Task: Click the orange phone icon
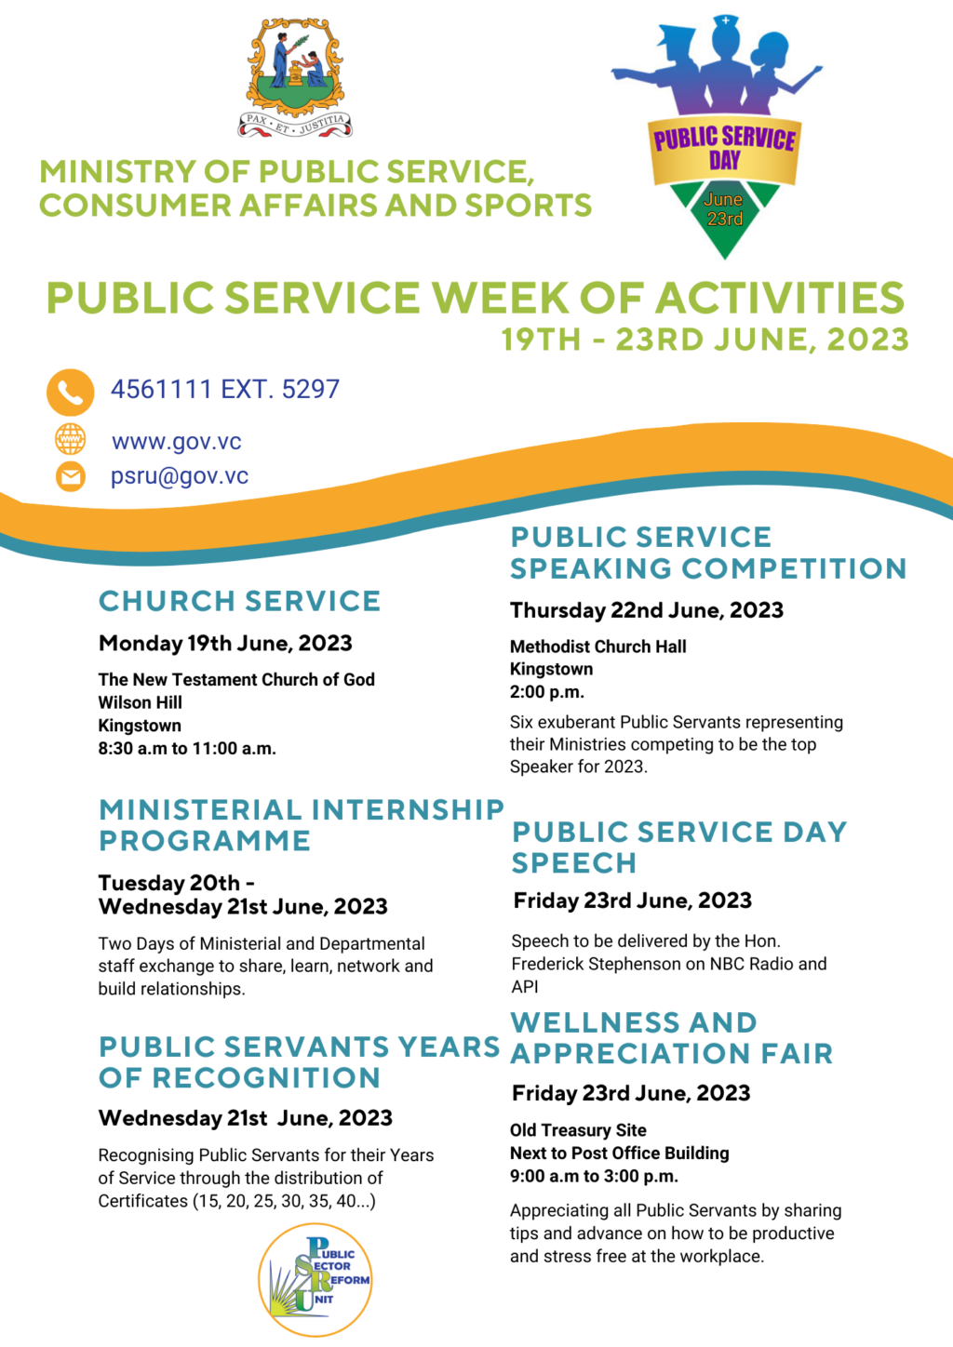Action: pyautogui.click(x=71, y=392)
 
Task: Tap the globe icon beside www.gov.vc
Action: pyautogui.click(x=71, y=440)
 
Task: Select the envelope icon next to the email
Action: pyautogui.click(x=71, y=477)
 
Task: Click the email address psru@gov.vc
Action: pyautogui.click(x=180, y=476)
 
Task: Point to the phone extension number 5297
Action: pyautogui.click(x=311, y=389)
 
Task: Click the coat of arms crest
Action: pyautogui.click(x=295, y=77)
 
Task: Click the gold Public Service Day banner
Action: pyautogui.click(x=724, y=150)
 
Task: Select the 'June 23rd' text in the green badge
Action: pyautogui.click(x=724, y=209)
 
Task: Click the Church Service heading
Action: pyautogui.click(x=239, y=601)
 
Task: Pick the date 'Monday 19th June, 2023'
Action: pyautogui.click(x=225, y=644)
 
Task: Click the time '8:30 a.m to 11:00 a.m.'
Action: pyautogui.click(x=187, y=749)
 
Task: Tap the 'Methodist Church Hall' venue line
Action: pyautogui.click(x=598, y=647)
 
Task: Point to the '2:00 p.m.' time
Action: pyautogui.click(x=547, y=692)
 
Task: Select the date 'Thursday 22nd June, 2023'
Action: pyautogui.click(x=647, y=610)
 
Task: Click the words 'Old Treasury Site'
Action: pyautogui.click(x=578, y=1130)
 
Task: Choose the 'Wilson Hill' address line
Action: pyautogui.click(x=141, y=702)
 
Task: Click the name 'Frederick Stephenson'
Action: pyautogui.click(x=606, y=964)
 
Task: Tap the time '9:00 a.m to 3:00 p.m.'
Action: pyautogui.click(x=595, y=1176)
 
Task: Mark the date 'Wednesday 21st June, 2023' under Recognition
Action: pyautogui.click(x=246, y=1118)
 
